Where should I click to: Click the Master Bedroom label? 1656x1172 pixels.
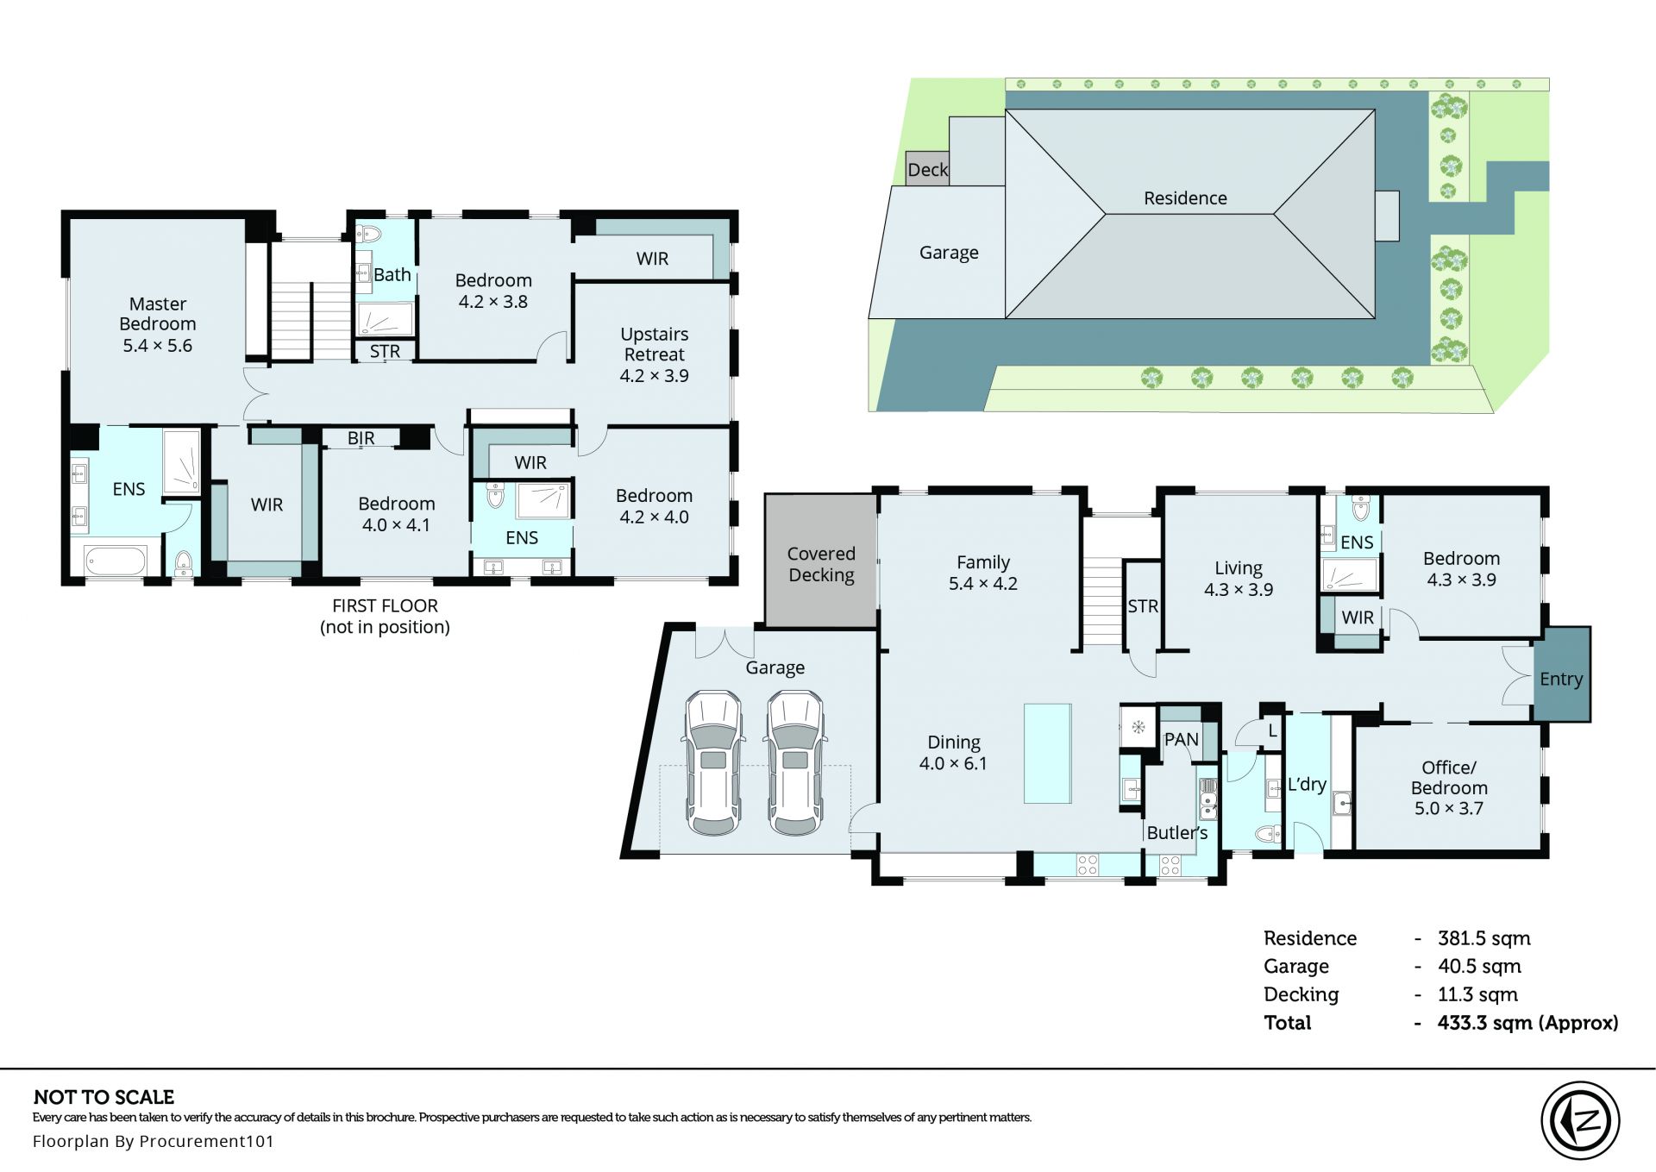(x=158, y=324)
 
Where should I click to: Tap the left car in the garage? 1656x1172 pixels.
(x=714, y=762)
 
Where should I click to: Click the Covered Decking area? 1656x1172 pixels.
(x=821, y=561)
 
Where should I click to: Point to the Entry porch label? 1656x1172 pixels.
(x=1561, y=679)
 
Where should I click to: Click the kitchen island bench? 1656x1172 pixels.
(x=1048, y=753)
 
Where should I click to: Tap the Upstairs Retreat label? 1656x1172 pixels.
(x=655, y=354)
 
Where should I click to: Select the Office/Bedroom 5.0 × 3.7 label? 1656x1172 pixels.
(x=1449, y=787)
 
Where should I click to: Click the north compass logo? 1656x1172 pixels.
(x=1580, y=1120)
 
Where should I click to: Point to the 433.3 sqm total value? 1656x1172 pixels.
(x=1527, y=1023)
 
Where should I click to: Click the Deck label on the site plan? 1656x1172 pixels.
(x=928, y=170)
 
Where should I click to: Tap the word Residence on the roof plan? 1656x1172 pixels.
(x=1185, y=198)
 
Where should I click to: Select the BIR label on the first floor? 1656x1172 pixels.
(x=361, y=438)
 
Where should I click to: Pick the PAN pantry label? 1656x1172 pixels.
(x=1181, y=739)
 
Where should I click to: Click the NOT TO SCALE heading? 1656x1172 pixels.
(x=103, y=1097)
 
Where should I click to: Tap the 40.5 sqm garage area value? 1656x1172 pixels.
(x=1479, y=967)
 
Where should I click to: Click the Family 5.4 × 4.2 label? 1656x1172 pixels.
(x=983, y=573)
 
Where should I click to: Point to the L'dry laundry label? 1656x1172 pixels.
(x=1307, y=784)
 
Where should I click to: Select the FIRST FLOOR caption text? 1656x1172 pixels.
(x=385, y=606)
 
